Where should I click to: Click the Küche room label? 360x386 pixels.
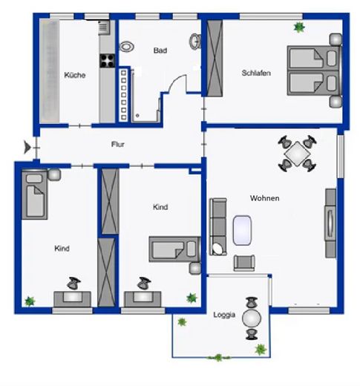(x=74, y=75)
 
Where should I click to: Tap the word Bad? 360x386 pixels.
(x=160, y=50)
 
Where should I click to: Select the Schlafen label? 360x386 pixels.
(x=255, y=73)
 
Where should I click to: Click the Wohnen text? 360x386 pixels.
(x=265, y=198)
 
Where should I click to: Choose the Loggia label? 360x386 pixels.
(x=223, y=315)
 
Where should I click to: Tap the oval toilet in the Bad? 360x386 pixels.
(x=127, y=46)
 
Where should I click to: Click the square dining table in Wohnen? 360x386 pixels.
(x=298, y=154)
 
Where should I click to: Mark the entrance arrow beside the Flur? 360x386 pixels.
(x=29, y=147)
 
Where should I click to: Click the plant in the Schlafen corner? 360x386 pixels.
(x=299, y=27)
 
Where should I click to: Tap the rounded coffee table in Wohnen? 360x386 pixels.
(x=243, y=230)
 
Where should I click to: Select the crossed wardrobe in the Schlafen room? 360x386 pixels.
(x=216, y=58)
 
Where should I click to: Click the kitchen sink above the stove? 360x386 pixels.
(x=104, y=30)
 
